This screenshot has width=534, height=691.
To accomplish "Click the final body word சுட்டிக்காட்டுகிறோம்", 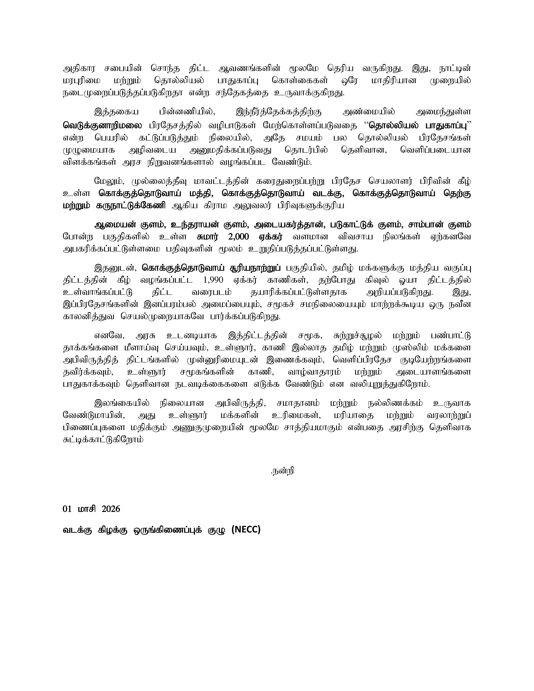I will [x=103, y=440].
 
